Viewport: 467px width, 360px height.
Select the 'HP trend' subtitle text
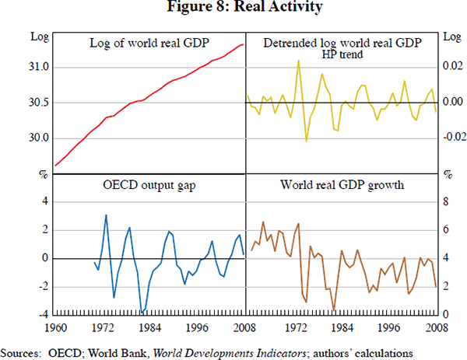342,54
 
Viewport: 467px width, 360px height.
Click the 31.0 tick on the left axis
39,68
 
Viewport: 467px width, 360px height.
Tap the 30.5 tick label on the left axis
39,103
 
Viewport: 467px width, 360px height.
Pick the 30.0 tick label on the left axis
39,138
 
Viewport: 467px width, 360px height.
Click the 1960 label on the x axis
57,327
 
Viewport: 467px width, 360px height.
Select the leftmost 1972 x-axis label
104,327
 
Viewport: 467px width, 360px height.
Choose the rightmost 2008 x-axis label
436,327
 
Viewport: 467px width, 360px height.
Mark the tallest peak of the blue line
106,215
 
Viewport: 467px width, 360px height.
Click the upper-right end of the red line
244,44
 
